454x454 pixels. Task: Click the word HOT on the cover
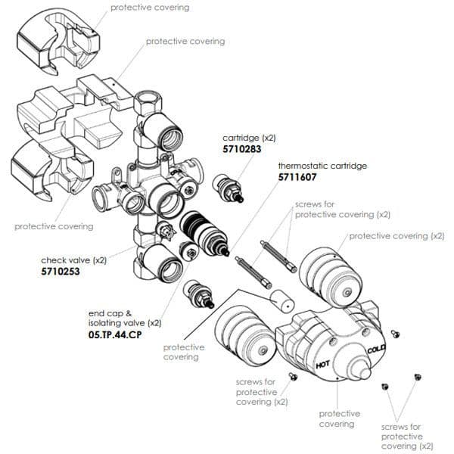(x=324, y=366)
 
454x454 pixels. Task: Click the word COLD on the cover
(x=377, y=350)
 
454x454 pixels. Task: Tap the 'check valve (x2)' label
(x=74, y=260)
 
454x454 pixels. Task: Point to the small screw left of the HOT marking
(x=290, y=376)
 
